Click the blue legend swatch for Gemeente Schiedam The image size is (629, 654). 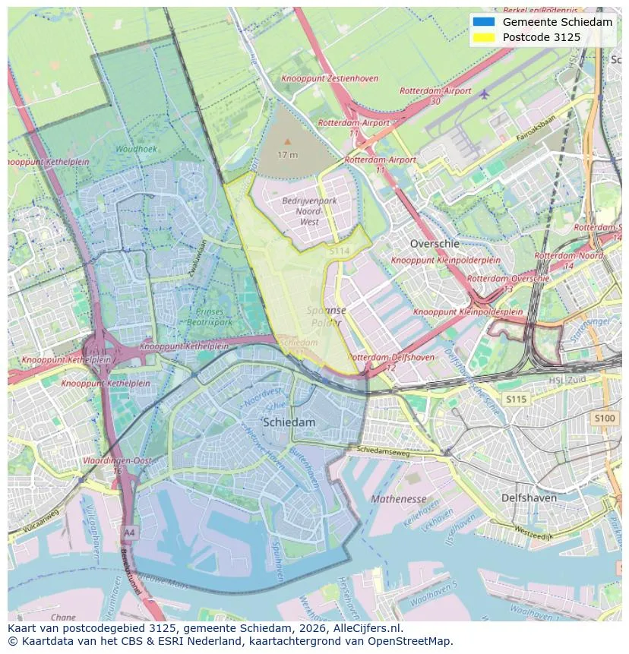(x=482, y=22)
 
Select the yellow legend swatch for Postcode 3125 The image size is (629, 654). (x=482, y=37)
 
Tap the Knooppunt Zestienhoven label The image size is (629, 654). (x=329, y=78)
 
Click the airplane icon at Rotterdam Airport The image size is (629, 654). (x=484, y=94)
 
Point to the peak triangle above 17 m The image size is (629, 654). (x=287, y=141)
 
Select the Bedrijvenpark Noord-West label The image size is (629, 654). (x=309, y=211)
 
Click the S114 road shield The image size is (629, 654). (x=339, y=251)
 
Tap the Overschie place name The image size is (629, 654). (x=435, y=244)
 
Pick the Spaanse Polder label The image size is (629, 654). (x=327, y=316)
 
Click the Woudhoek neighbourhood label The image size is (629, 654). (x=136, y=149)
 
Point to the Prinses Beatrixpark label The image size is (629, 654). (x=210, y=317)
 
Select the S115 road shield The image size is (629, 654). (x=516, y=399)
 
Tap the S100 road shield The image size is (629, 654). (x=605, y=418)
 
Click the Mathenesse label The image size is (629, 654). (x=399, y=499)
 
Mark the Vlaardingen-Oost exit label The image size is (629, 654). (x=118, y=460)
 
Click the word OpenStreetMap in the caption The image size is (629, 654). (x=414, y=641)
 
